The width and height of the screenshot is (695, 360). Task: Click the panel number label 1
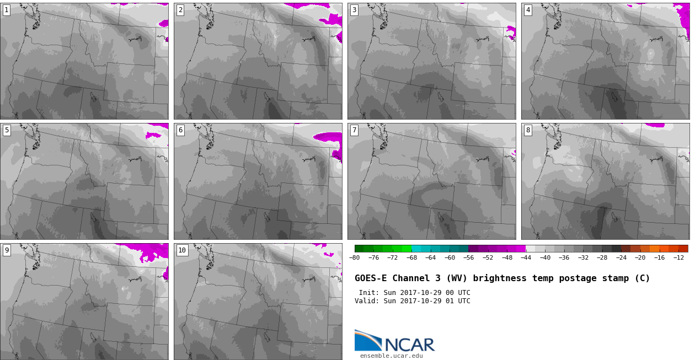click(x=7, y=10)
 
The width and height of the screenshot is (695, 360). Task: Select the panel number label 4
click(x=528, y=10)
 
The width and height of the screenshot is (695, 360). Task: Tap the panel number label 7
click(x=354, y=131)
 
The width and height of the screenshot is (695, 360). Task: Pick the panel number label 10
click(x=182, y=250)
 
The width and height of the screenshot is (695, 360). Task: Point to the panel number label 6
click(x=180, y=131)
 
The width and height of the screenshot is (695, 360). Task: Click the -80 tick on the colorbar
click(x=354, y=257)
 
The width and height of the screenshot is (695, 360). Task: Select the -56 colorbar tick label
click(x=468, y=257)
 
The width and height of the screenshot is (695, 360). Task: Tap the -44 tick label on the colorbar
click(x=526, y=257)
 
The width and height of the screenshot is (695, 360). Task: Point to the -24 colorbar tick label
click(x=621, y=257)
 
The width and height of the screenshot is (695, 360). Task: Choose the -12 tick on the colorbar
click(x=678, y=257)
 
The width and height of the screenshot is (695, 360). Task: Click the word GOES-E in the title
click(x=371, y=278)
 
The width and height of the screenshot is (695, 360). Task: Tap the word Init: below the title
click(x=369, y=293)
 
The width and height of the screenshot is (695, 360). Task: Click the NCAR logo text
click(x=409, y=345)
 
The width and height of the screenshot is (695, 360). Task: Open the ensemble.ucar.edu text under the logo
click(x=392, y=356)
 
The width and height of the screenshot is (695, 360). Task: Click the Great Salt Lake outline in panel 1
click(x=93, y=98)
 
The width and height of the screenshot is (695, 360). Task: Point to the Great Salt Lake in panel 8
click(x=614, y=217)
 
